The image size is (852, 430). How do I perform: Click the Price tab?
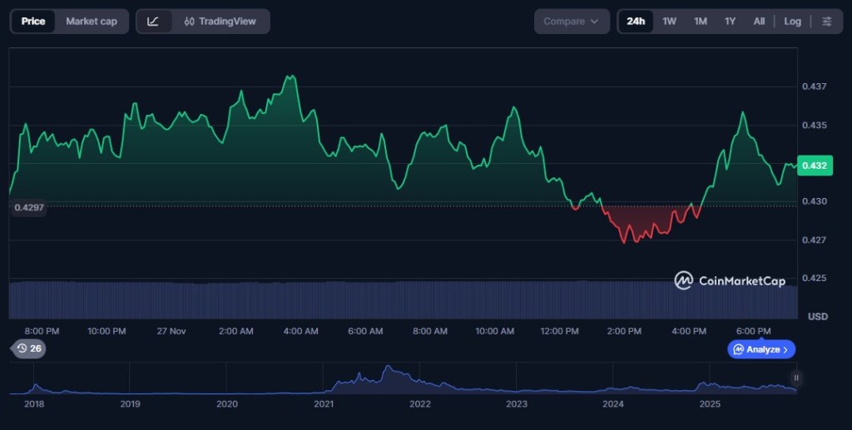pos(33,22)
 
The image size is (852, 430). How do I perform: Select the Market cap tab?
pos(92,22)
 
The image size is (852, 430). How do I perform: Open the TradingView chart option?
pos(220,22)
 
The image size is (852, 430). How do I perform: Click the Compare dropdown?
pos(572,22)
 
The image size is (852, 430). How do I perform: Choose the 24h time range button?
pos(636,22)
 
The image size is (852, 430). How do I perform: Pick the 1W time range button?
pos(669,22)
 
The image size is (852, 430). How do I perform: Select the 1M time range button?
pos(701,22)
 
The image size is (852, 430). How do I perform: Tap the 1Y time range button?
pos(730,22)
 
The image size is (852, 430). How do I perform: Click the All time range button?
pos(759,22)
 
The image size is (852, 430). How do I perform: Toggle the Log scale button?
pos(792,22)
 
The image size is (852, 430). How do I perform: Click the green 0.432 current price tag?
pos(814,166)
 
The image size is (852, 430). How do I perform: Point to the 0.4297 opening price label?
pos(29,207)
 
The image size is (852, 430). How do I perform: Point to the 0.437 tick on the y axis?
pos(814,86)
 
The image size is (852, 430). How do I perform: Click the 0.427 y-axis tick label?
pos(814,240)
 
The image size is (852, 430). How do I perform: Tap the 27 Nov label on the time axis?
pos(171,331)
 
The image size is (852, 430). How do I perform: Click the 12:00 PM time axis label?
pos(559,331)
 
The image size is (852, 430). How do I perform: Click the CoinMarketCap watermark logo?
pos(730,281)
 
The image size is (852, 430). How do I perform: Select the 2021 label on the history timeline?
pos(324,404)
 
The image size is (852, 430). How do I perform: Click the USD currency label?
pos(817,317)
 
